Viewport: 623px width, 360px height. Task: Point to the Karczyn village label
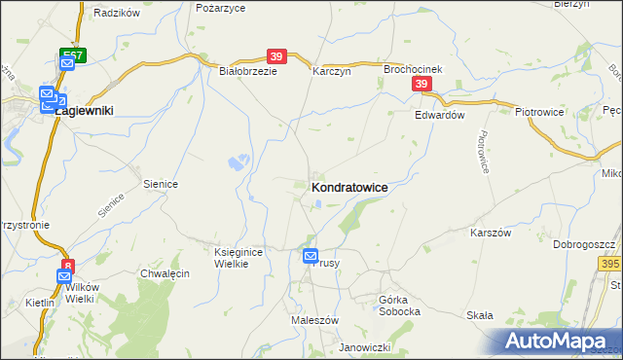(330, 71)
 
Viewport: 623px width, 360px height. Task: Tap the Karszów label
(491, 234)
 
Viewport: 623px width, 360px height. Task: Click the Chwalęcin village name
(164, 274)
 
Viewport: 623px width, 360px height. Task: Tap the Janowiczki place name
(364, 347)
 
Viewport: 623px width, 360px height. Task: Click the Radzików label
(117, 14)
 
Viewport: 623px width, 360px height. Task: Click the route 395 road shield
(610, 264)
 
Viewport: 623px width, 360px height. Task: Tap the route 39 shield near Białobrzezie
(276, 56)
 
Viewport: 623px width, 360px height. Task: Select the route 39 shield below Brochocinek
(421, 86)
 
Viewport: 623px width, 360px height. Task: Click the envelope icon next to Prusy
(311, 256)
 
